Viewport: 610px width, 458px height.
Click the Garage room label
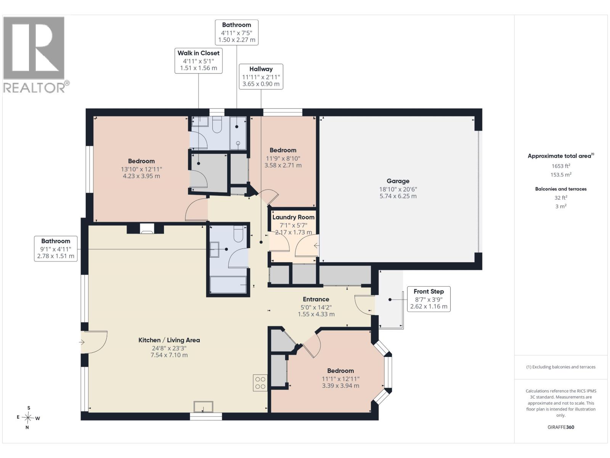click(x=398, y=181)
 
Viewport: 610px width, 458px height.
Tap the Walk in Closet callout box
click(x=198, y=61)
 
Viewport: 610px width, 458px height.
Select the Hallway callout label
click(x=261, y=69)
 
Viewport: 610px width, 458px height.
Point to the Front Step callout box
click(x=429, y=299)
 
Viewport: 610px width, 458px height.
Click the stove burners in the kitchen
click(x=260, y=383)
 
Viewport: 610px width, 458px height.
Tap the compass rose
click(x=28, y=418)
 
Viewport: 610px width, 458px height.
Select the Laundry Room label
click(x=293, y=217)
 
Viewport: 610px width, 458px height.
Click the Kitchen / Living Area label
click(x=169, y=340)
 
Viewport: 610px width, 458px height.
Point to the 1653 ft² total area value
click(x=561, y=166)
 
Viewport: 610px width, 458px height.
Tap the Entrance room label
click(x=316, y=299)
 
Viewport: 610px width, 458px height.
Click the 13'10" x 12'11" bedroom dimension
click(x=141, y=169)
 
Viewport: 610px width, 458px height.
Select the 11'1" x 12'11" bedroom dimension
click(x=340, y=379)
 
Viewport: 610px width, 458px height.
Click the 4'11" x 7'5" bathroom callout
click(x=236, y=32)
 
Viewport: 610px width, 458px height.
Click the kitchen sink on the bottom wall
click(x=203, y=407)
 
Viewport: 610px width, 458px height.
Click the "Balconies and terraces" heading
click(x=561, y=189)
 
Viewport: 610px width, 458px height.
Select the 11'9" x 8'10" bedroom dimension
click(x=283, y=158)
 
